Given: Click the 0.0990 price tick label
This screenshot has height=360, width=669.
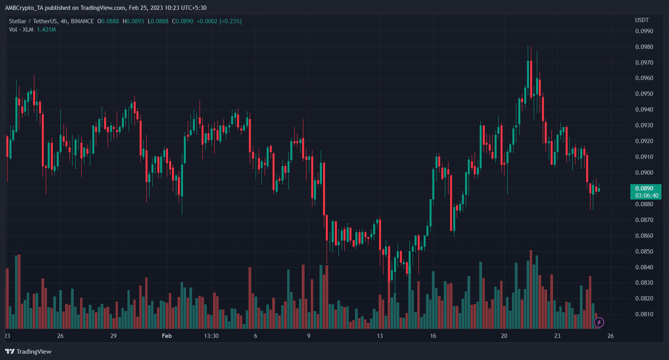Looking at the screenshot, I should (x=644, y=31).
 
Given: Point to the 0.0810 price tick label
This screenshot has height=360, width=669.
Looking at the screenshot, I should (x=644, y=314).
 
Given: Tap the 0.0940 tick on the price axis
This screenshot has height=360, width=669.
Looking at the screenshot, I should (x=644, y=110).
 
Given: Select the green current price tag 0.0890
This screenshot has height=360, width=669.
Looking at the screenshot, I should (x=644, y=188).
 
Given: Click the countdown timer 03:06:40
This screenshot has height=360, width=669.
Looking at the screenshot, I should (x=646, y=196).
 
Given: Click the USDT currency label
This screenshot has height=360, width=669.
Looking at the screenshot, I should (x=642, y=20).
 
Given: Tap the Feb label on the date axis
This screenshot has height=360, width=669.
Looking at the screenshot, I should (x=167, y=336).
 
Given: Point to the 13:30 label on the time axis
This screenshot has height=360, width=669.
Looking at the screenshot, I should (x=211, y=336).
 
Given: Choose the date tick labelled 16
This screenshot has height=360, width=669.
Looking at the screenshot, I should (x=433, y=336).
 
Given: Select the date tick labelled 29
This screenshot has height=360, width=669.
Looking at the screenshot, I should (x=114, y=336).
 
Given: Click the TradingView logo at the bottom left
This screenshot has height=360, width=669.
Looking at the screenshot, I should (x=28, y=351).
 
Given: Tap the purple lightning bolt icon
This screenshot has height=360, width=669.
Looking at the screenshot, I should (x=599, y=323).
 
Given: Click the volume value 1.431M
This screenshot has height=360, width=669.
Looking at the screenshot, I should (x=46, y=30).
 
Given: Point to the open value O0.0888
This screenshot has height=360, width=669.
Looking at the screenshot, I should (x=108, y=21).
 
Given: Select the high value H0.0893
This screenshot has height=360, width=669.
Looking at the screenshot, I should (x=133, y=21).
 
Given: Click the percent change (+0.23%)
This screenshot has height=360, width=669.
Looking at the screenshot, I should (x=230, y=21).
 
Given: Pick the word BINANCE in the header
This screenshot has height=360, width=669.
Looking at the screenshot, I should (x=82, y=21).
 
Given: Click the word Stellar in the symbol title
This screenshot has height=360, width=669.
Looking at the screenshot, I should (x=17, y=21).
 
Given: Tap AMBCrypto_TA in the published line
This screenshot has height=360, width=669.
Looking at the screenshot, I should (x=24, y=8).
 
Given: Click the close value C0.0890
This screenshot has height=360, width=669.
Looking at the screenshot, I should (x=183, y=21).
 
